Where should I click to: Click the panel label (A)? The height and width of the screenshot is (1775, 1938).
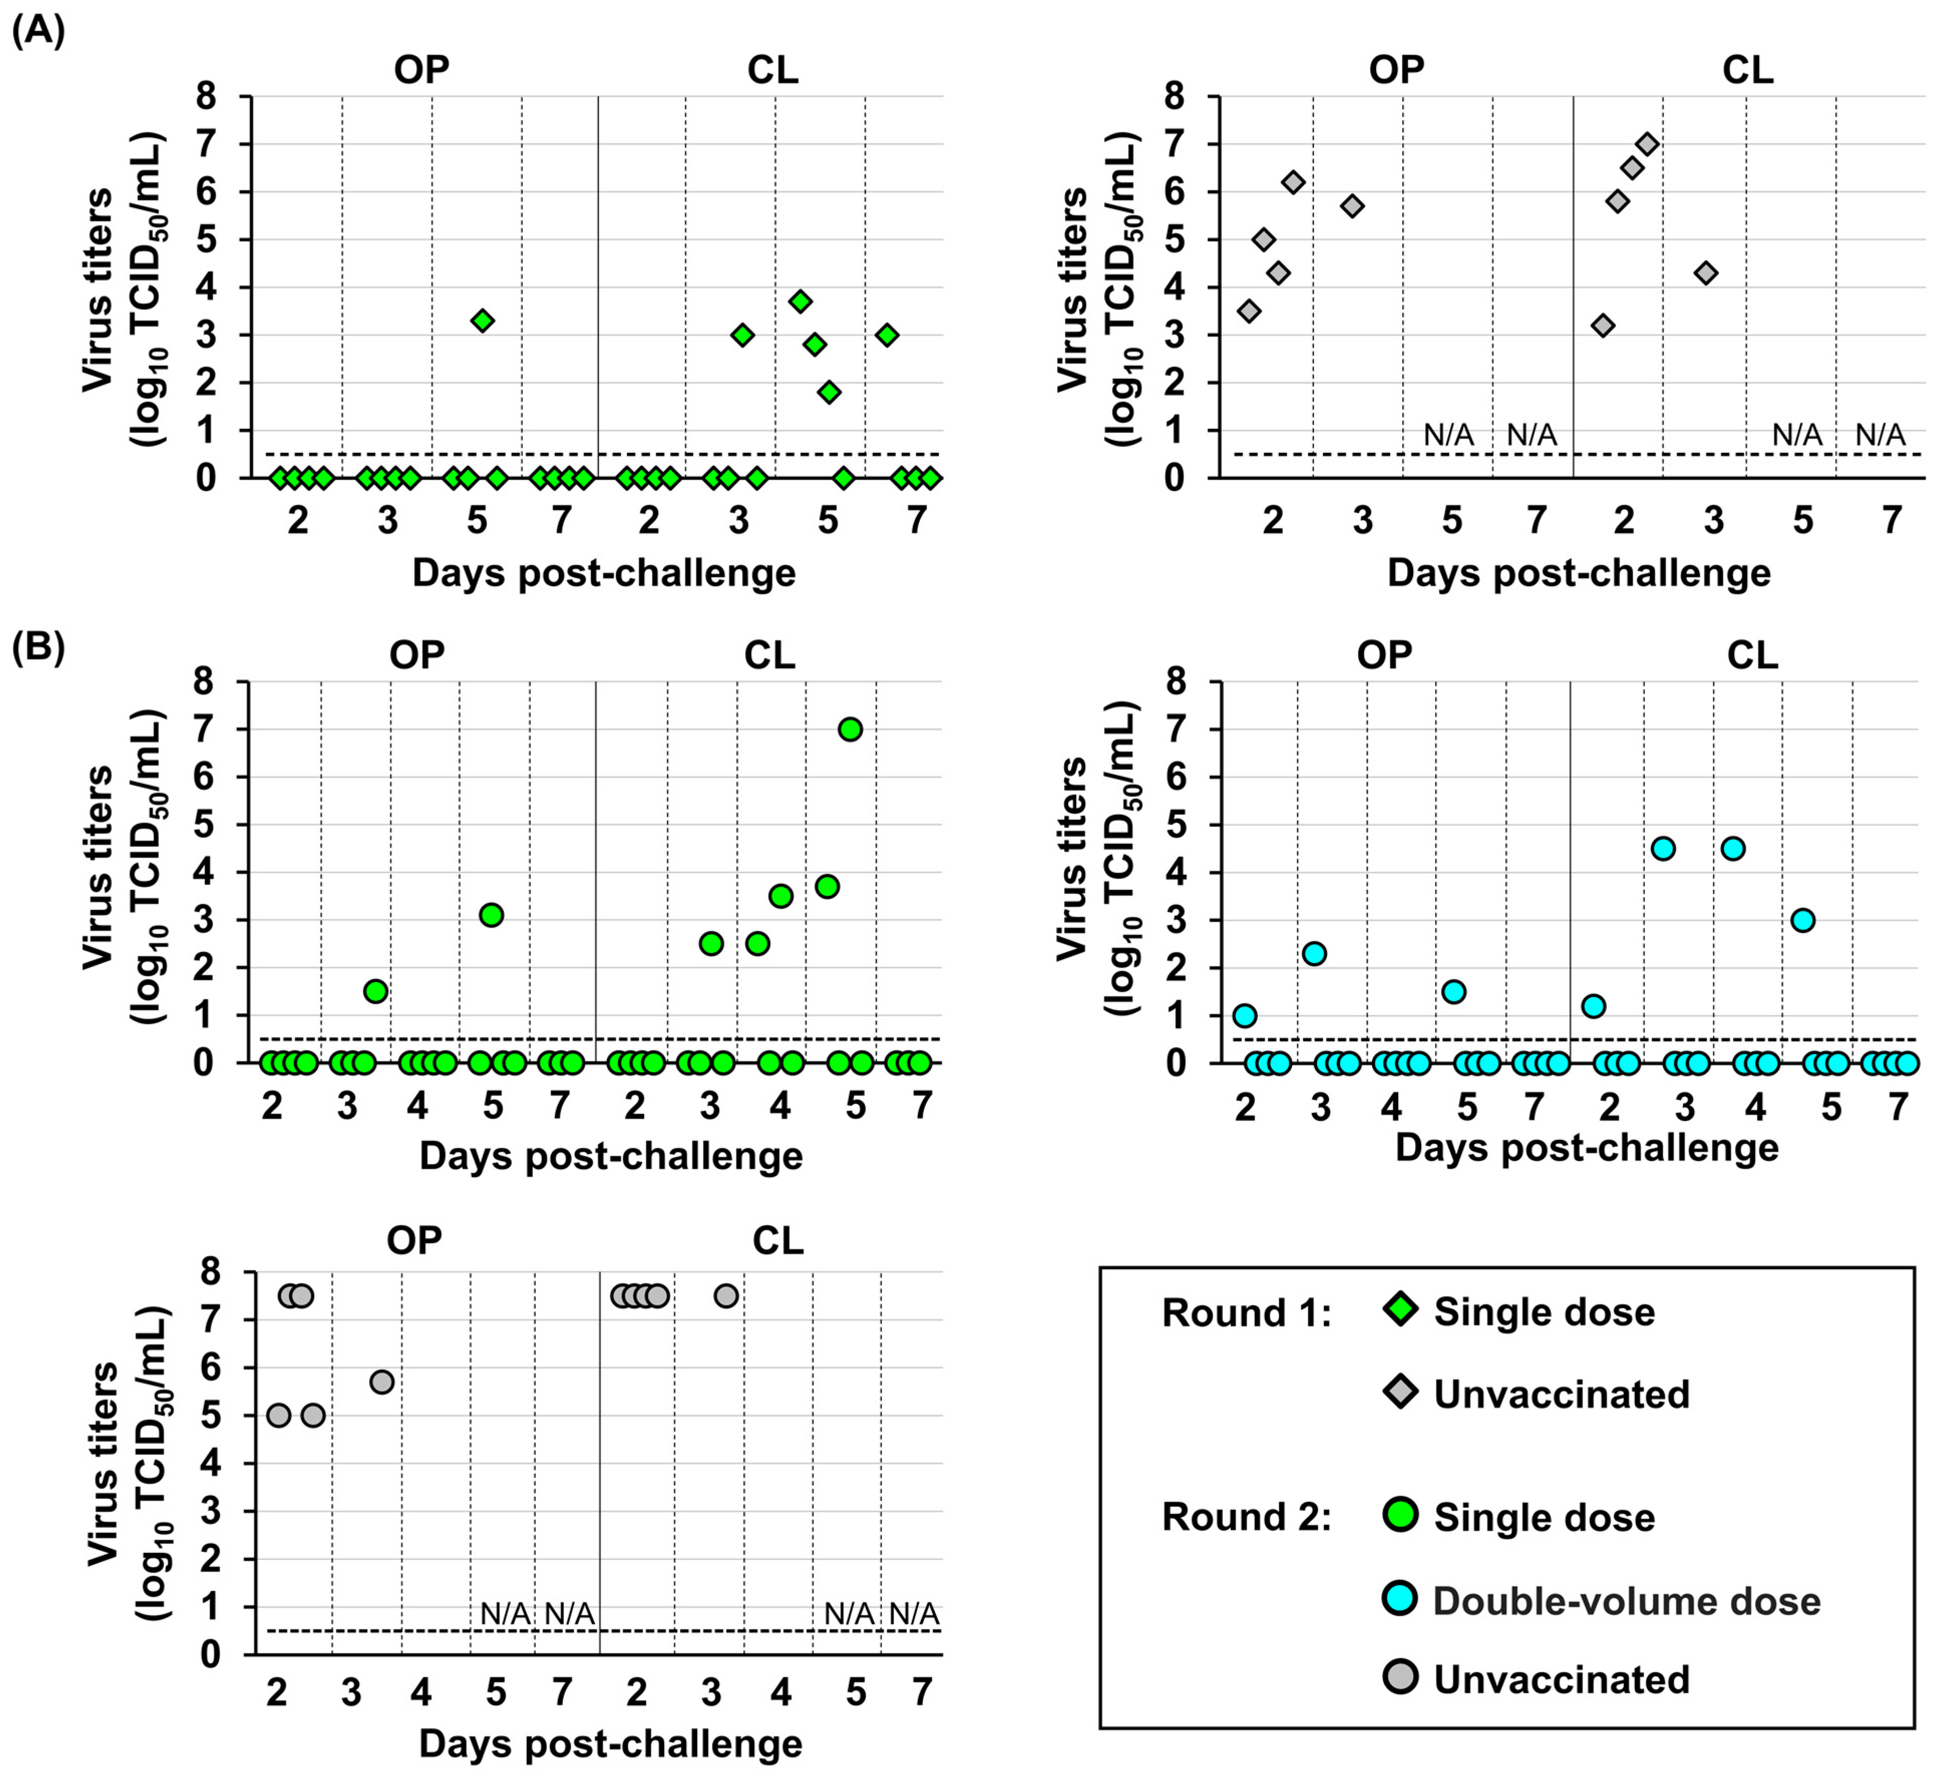pyautogui.click(x=39, y=32)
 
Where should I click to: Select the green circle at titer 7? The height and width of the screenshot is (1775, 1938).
pyautogui.click(x=850, y=730)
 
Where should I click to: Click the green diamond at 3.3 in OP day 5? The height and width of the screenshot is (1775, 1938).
pyautogui.click(x=483, y=320)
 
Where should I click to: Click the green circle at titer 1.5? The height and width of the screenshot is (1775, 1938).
pyautogui.click(x=376, y=991)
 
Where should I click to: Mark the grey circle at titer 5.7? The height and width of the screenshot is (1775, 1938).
pyautogui.click(x=381, y=1382)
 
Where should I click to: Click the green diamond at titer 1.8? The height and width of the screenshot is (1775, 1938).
pyautogui.click(x=829, y=391)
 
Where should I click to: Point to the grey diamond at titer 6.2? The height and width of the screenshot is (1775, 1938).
pyautogui.click(x=1294, y=181)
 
